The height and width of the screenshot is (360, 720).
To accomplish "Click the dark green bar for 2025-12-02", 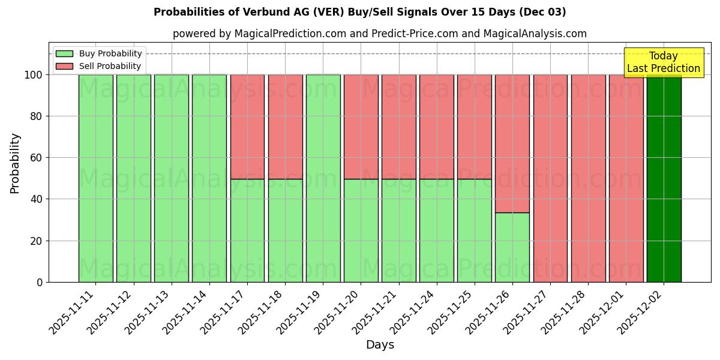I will coord(664,178).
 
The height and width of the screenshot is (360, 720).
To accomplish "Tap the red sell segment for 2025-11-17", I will coord(247,127).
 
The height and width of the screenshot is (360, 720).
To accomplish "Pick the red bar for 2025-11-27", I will coord(550,178).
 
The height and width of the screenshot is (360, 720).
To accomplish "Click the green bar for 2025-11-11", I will coord(96,178).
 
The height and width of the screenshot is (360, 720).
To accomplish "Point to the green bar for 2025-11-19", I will coord(323,178).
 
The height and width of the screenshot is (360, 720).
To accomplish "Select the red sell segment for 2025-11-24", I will coord(436,127).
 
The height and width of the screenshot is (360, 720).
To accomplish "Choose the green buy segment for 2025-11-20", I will coord(361,230).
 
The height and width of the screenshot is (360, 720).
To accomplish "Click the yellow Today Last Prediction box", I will coord(663,62).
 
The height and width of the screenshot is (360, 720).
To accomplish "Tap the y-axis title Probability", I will coord(15,163).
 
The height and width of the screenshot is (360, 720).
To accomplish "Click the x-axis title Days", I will coord(380,345).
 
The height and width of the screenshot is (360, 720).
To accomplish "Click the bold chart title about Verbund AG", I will coord(359,12).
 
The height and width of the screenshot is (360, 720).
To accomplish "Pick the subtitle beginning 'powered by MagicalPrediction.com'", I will coord(379,34).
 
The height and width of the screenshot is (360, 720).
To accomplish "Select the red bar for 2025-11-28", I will coord(588,178).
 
